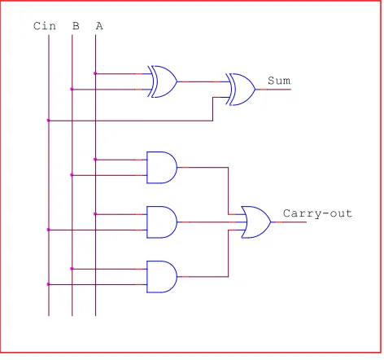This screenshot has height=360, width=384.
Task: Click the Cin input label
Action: pos(45,26)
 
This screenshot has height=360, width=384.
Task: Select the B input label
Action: pos(76,26)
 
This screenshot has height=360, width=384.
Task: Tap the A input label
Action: pos(99,26)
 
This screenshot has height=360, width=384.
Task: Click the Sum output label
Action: pos(279,81)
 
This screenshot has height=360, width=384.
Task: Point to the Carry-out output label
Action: pos(317,213)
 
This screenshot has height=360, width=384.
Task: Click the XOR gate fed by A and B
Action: pos(162,81)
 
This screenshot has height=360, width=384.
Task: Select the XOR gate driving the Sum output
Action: pos(241,90)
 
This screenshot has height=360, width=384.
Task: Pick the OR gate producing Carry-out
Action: pos(256,222)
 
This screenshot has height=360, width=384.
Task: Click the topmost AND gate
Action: pos(162,168)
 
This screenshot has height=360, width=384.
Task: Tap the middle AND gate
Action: pos(162,222)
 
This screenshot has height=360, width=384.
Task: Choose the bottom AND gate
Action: pos(162,277)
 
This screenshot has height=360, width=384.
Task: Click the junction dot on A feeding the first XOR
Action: pos(95,73)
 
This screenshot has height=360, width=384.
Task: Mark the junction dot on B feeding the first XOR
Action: pos(72,90)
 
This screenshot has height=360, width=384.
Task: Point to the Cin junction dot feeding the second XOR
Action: pos(49,121)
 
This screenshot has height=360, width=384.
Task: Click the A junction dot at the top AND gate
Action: pos(95,160)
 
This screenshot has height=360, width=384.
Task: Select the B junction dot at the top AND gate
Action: pos(72,175)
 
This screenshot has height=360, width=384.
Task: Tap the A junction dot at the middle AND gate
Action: pos(95,214)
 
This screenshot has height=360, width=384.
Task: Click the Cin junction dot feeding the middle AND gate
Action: pos(49,230)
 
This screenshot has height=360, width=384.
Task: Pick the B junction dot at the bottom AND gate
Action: pos(72,269)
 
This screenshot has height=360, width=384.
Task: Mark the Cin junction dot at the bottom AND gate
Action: pos(49,284)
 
